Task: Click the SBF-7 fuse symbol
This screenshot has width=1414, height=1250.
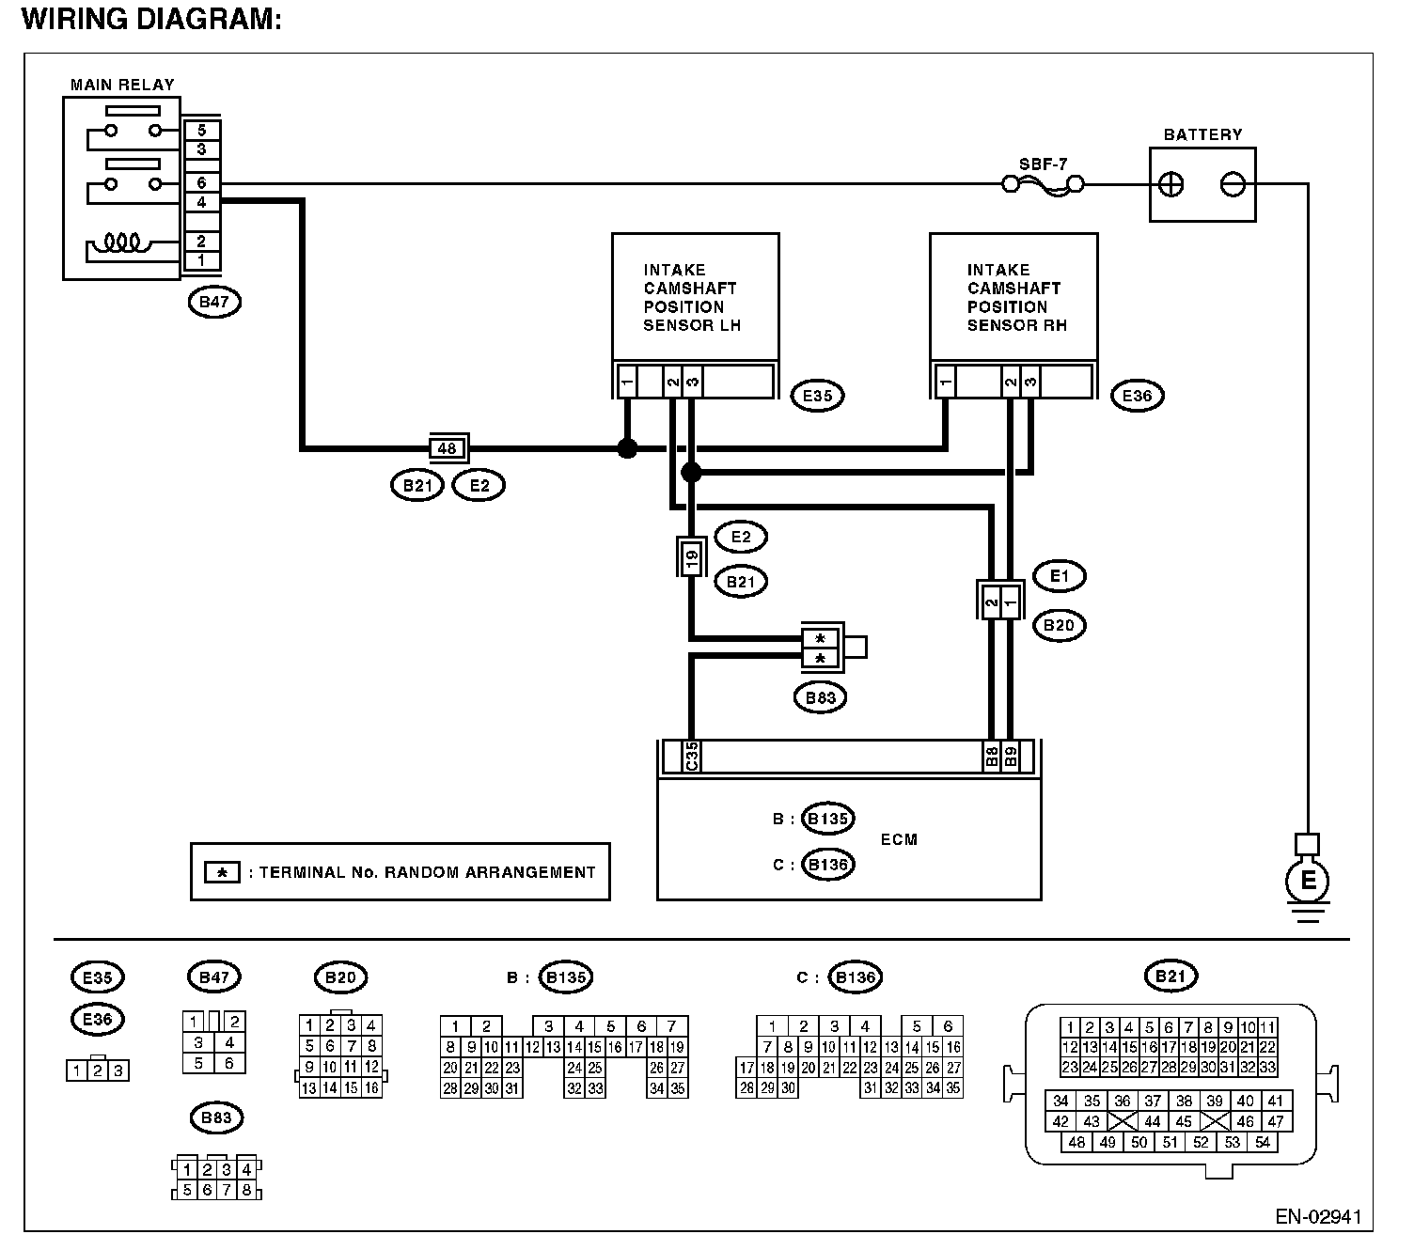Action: [x=1043, y=185]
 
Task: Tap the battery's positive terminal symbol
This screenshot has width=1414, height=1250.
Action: [x=1170, y=185]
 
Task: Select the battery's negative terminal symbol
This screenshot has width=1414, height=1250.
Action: [x=1233, y=185]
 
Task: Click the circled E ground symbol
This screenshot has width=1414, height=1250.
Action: [x=1307, y=880]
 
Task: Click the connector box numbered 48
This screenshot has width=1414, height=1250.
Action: [x=448, y=448]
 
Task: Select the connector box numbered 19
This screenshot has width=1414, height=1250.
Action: [x=691, y=557]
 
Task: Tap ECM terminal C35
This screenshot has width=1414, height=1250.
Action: [x=692, y=757]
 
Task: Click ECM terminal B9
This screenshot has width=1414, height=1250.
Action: [x=1010, y=757]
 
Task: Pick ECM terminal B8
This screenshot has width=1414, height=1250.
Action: [x=991, y=757]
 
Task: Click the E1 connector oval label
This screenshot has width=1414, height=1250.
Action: [x=1059, y=576]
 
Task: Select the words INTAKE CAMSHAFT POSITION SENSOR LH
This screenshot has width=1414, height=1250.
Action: [x=692, y=297]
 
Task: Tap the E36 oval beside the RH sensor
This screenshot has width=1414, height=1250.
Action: [x=1137, y=396]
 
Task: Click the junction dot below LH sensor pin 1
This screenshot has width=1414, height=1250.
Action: [x=627, y=448]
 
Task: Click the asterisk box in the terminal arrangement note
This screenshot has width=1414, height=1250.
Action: [x=222, y=872]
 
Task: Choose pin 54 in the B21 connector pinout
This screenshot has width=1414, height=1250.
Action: [x=1262, y=1143]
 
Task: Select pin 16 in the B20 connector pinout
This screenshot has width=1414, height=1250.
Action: [x=371, y=1088]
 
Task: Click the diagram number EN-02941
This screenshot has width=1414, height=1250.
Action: [x=1318, y=1216]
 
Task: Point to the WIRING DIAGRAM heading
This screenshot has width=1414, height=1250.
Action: [x=151, y=19]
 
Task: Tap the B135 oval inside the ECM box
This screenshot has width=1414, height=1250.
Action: [x=827, y=818]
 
